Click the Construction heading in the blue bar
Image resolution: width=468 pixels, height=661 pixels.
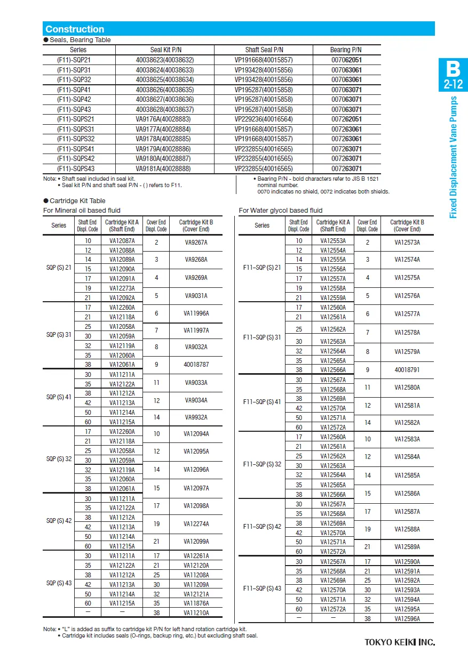[75, 29]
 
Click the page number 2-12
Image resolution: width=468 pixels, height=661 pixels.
[453, 84]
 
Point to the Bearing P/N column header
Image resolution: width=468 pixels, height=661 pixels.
[346, 50]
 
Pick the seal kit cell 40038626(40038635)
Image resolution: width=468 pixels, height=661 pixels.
[165, 90]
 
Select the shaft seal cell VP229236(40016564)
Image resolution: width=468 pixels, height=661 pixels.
[264, 119]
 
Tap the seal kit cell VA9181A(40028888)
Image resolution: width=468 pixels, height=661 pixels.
[163, 168]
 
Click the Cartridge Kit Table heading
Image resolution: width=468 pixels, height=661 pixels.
[77, 201]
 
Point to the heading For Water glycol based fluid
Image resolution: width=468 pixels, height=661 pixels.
[281, 210]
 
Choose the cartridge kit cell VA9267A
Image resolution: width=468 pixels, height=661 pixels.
[196, 243]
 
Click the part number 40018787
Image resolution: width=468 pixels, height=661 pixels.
[196, 365]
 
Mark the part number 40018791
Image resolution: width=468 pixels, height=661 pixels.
[407, 369]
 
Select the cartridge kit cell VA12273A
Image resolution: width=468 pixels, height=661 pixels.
[122, 288]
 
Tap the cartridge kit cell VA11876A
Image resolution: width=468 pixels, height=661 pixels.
[196, 603]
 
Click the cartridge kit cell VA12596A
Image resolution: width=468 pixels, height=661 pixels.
[407, 619]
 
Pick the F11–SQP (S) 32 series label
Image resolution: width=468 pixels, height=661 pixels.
[262, 464]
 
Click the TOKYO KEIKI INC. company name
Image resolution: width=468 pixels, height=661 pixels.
[400, 642]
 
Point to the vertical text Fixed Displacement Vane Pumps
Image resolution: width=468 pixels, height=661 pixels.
[454, 157]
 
